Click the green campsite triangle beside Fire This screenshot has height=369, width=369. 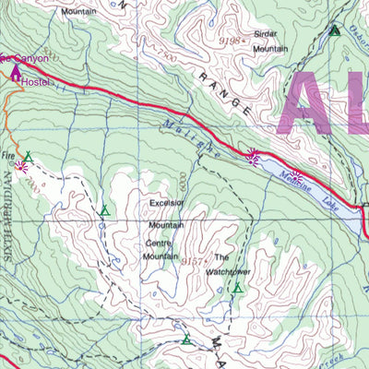pos(29,157)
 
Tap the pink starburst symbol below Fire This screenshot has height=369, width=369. pos(21,167)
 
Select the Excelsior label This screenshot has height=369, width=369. pos(166,204)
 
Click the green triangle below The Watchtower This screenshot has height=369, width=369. pos(237,289)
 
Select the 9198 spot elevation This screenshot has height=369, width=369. pos(231,41)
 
